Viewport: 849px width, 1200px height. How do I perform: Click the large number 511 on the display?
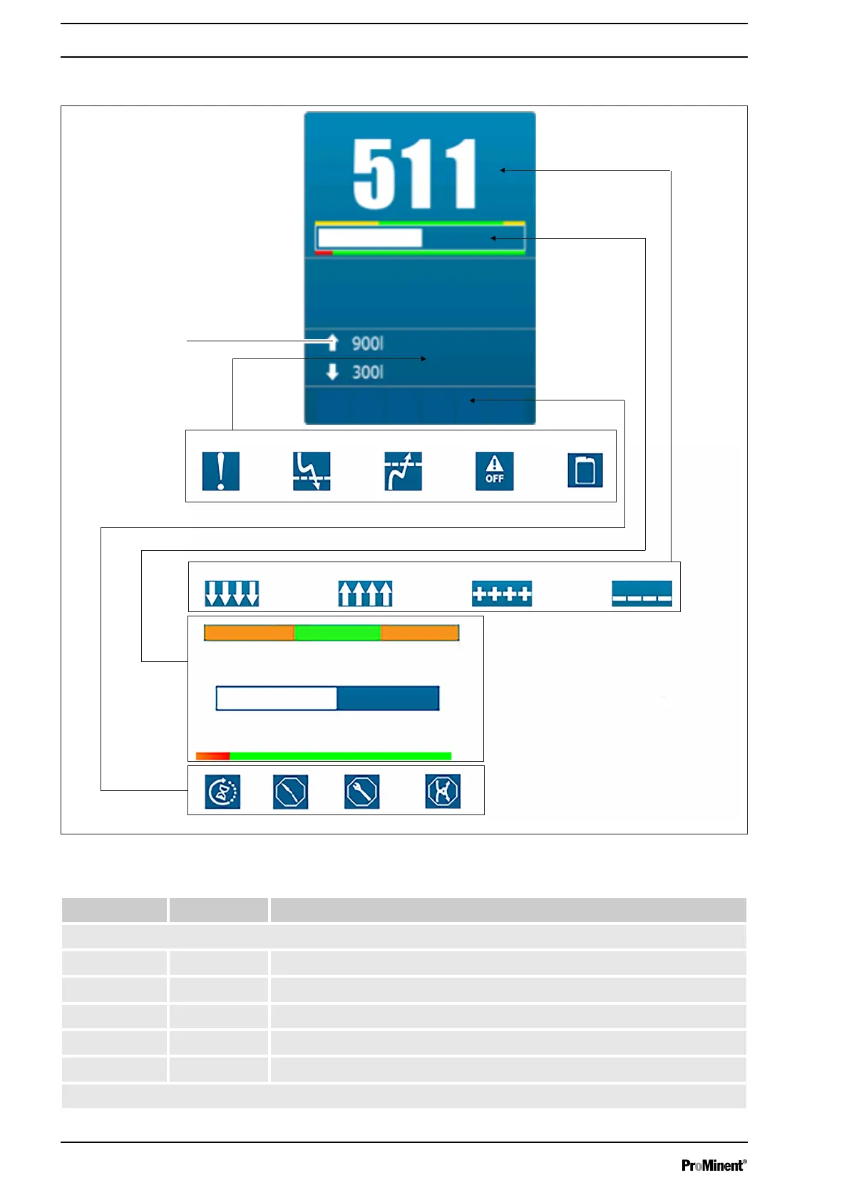tap(414, 173)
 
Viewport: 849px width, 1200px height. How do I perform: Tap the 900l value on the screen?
tap(367, 343)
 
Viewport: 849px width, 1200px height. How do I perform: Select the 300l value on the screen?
tap(367, 372)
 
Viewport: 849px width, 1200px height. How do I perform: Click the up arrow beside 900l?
tap(332, 343)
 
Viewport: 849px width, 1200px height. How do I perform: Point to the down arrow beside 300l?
tap(332, 371)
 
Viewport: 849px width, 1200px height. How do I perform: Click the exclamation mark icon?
tap(220, 471)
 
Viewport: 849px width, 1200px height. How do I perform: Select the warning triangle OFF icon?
tap(494, 471)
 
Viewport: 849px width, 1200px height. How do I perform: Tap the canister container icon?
tap(585, 470)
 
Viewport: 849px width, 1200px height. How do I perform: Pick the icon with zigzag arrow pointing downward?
tap(312, 471)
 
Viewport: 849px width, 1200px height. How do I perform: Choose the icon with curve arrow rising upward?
tap(403, 471)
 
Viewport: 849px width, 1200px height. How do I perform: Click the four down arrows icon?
tap(232, 593)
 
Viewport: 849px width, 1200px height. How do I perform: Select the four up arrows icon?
tap(365, 593)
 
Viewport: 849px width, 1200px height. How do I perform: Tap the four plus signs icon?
tap(502, 593)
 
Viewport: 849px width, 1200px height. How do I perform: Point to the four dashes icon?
tap(642, 593)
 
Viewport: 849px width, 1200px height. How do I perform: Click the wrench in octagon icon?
tap(361, 791)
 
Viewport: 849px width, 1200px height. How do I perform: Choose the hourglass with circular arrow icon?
tap(222, 791)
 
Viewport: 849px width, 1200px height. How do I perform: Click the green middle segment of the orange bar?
tap(337, 633)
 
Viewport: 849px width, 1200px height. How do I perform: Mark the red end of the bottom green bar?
tap(212, 755)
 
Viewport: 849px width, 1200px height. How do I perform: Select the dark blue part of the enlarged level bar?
tap(387, 698)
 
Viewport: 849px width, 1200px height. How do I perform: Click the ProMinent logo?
tap(714, 1165)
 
